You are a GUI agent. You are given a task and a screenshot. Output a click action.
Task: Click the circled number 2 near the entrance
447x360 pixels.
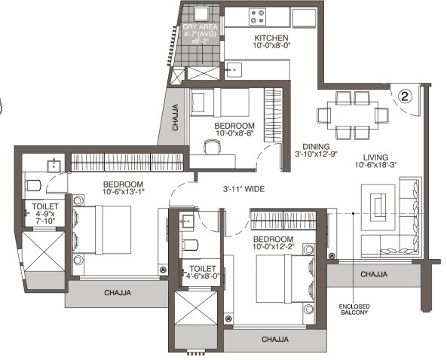click(406, 96)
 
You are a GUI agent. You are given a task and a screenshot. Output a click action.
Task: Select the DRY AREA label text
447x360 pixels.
click(201, 28)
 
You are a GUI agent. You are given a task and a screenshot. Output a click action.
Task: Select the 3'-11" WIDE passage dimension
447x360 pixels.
click(242, 189)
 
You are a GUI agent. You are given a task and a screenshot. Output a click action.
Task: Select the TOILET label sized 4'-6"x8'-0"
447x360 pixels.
click(203, 268)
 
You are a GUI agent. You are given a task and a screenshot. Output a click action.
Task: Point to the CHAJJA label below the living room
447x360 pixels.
click(374, 274)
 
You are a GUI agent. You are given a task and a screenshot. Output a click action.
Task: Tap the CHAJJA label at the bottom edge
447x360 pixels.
click(276, 340)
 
